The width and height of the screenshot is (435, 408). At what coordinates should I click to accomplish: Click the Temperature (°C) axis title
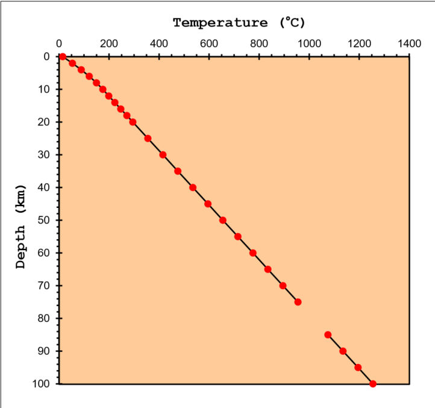coord(239,24)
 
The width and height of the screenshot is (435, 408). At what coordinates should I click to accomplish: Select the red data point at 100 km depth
coord(373,384)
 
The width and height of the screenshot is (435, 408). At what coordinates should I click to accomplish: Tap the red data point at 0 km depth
coord(63,57)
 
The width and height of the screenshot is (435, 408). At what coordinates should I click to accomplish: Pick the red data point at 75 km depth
coord(298,302)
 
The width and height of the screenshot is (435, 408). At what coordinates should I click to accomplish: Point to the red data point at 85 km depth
coord(328,334)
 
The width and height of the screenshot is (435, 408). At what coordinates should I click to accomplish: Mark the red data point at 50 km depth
coord(223,220)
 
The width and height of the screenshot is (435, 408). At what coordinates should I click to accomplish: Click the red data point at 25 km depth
coord(148,139)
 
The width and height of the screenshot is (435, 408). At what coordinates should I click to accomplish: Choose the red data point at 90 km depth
coord(343,351)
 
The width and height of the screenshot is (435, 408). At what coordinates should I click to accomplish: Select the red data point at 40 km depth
coord(193,187)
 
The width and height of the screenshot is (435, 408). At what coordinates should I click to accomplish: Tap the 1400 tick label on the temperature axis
coord(409,44)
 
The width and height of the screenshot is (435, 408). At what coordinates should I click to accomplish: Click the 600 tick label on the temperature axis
coord(209,44)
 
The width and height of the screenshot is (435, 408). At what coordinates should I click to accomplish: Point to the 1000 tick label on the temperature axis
coord(309,44)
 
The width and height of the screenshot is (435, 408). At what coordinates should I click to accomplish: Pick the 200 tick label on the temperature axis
coord(109,44)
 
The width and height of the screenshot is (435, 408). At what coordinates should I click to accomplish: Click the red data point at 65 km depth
coord(268,269)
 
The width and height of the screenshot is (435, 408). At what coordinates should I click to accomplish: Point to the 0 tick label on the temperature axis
coord(59,44)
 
